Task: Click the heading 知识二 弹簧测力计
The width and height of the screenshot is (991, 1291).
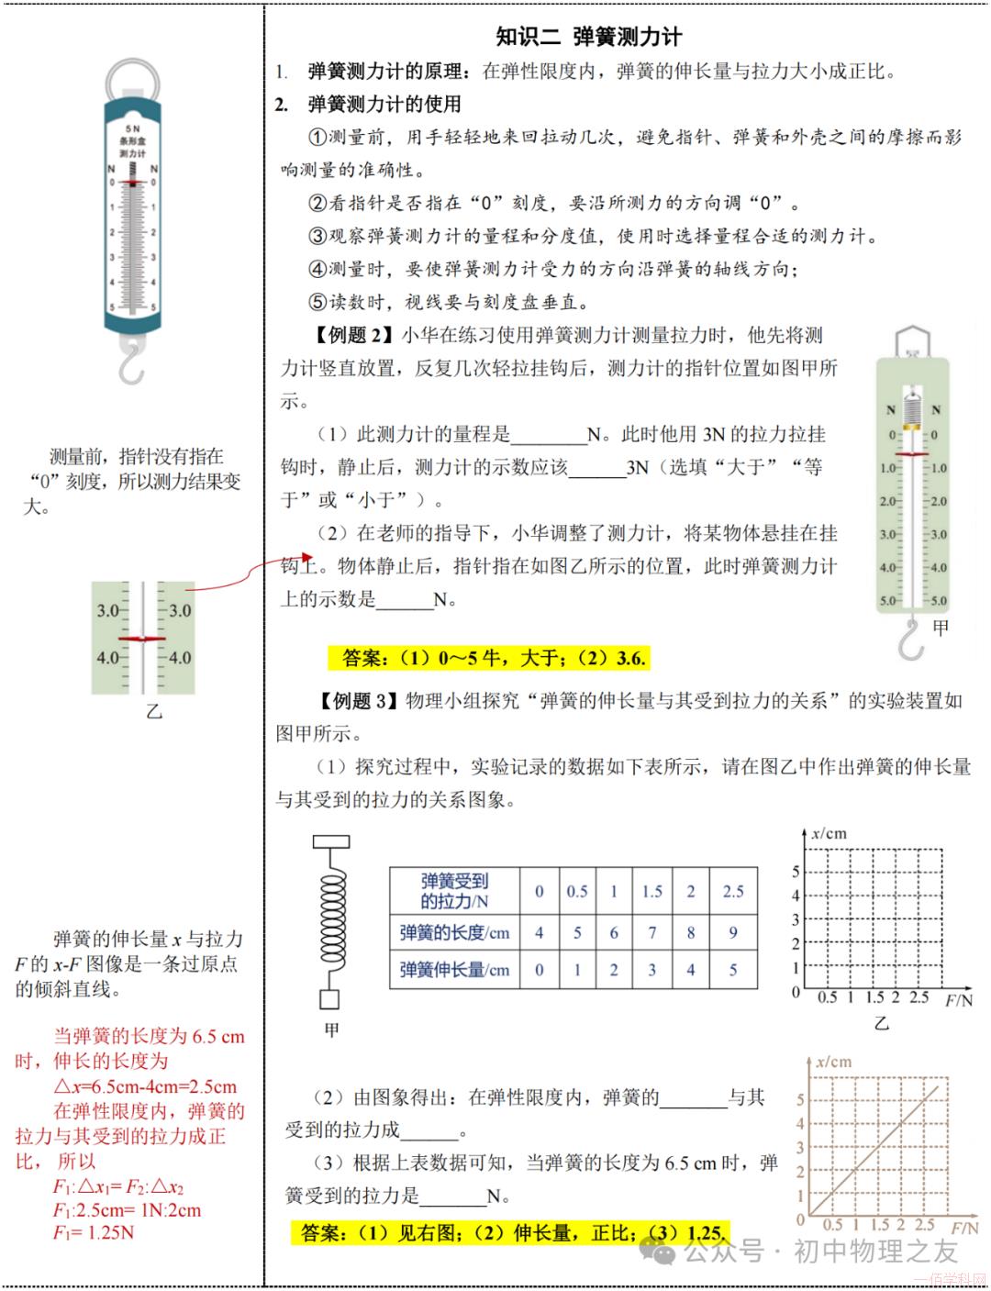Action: pyautogui.click(x=588, y=37)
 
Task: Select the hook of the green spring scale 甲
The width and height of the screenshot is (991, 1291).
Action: pyautogui.click(x=911, y=640)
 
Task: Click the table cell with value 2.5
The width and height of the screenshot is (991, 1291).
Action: pyautogui.click(x=732, y=891)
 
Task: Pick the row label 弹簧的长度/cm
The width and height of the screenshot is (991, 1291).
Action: pyautogui.click(x=454, y=933)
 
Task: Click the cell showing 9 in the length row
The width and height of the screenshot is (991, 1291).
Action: pyautogui.click(x=732, y=933)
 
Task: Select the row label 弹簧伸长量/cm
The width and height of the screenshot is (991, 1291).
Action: pyautogui.click(x=454, y=970)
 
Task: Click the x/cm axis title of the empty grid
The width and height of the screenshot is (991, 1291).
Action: pyautogui.click(x=829, y=834)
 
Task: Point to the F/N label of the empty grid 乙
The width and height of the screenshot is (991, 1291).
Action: pyautogui.click(x=958, y=1000)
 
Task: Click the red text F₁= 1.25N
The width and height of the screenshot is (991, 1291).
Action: pyautogui.click(x=93, y=1232)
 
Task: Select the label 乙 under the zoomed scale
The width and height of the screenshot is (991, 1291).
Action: pyautogui.click(x=153, y=711)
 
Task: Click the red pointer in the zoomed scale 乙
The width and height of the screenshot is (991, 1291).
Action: pyautogui.click(x=142, y=638)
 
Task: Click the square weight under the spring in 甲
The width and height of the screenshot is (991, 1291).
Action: pyautogui.click(x=329, y=999)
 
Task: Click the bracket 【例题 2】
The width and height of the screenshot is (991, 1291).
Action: pyautogui.click(x=352, y=336)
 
